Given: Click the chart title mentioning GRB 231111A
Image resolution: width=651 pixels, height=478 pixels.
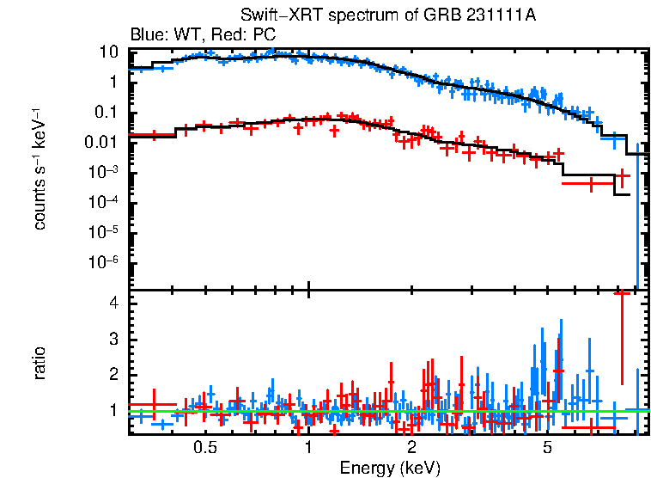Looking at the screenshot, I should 388,16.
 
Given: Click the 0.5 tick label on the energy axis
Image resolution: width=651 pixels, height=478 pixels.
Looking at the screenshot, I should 204,447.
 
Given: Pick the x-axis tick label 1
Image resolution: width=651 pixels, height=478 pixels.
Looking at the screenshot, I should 308,447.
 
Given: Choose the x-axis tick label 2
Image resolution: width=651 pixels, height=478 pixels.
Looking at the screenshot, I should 412,447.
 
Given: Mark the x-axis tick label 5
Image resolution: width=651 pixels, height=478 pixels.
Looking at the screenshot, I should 548,447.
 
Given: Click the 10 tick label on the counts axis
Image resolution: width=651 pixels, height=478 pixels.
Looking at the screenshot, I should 108,52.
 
